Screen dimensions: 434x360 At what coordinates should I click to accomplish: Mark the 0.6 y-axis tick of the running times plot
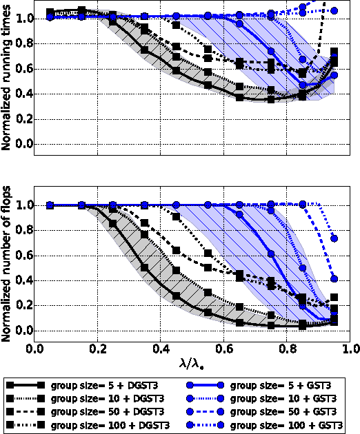[21, 68]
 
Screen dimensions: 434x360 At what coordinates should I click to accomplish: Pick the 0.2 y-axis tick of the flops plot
[21, 305]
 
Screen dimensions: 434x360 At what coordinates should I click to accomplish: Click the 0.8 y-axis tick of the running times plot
[21, 43]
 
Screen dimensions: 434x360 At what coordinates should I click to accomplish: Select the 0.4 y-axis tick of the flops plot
[21, 280]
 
